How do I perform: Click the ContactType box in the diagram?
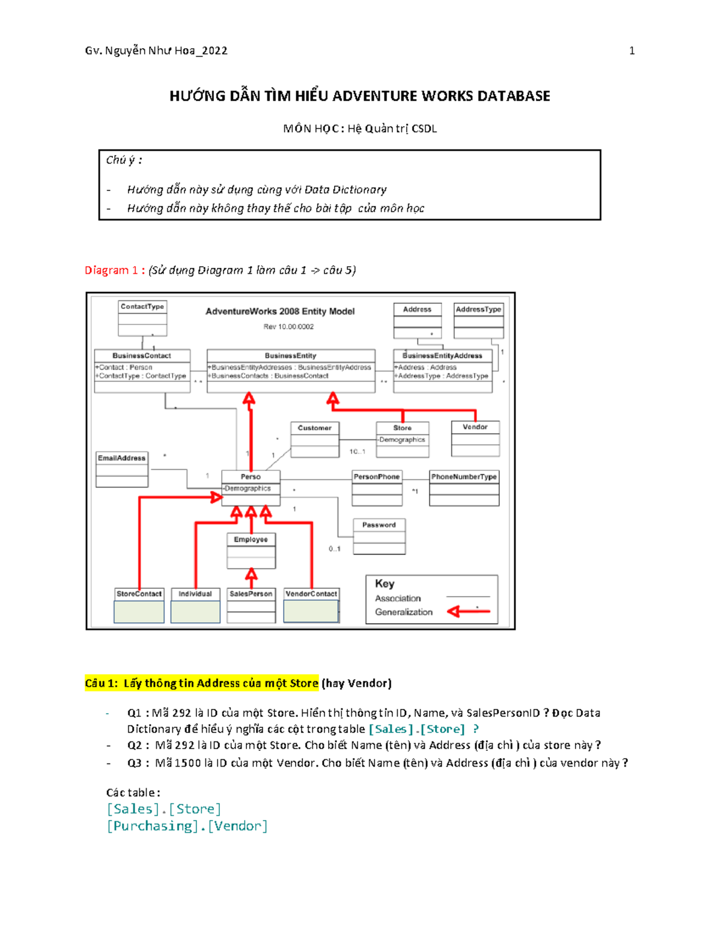[142, 318]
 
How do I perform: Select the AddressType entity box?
[478, 321]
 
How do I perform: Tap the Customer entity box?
[314, 439]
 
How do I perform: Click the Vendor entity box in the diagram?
[475, 439]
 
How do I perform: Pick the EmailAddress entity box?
[122, 469]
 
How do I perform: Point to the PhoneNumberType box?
[464, 488]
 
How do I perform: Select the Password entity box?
[379, 536]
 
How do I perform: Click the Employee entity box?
[251, 550]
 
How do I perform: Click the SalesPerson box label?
[251, 594]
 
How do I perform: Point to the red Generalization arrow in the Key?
[469, 612]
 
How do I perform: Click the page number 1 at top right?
[631, 51]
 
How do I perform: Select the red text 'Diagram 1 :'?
[114, 270]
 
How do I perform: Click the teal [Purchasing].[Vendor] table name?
[187, 826]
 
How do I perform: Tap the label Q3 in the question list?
[134, 763]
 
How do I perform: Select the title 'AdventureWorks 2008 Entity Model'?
[280, 311]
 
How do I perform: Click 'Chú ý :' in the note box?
[124, 160]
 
